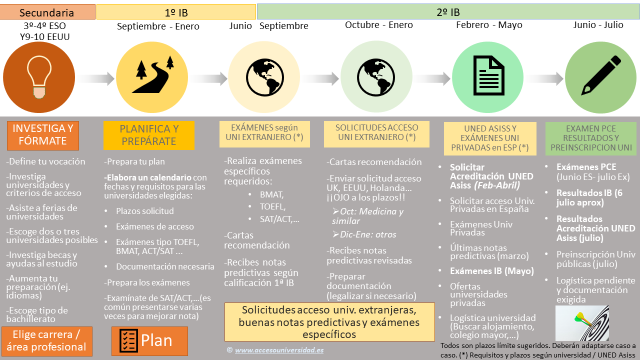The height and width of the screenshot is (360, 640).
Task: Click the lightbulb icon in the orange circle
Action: point(39,77)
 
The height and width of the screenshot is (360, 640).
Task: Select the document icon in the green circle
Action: point(488,75)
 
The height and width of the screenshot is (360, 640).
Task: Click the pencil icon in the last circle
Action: point(601,75)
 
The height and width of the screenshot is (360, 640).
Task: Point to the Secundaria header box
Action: point(47,12)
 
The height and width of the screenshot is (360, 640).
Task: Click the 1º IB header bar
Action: point(176,12)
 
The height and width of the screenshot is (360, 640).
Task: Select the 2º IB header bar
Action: point(448,11)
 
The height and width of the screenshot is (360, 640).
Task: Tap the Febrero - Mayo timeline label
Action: point(489,25)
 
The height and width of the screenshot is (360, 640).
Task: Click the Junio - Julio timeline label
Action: point(598,25)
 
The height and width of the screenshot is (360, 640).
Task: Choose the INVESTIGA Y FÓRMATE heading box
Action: point(43,135)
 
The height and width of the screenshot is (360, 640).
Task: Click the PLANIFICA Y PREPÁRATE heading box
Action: point(149,135)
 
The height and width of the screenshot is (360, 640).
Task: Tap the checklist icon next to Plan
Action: point(128,340)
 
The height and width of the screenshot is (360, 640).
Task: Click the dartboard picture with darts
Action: point(582,323)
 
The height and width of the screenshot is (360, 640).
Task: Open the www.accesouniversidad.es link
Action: point(279,350)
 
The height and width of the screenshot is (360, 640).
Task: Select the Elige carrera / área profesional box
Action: point(47,341)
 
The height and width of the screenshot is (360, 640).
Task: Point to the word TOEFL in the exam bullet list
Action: point(272,206)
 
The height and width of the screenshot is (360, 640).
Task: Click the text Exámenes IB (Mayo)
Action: point(491,271)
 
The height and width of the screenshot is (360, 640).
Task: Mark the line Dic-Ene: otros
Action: point(364,234)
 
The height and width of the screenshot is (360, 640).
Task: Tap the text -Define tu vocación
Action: point(45,161)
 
